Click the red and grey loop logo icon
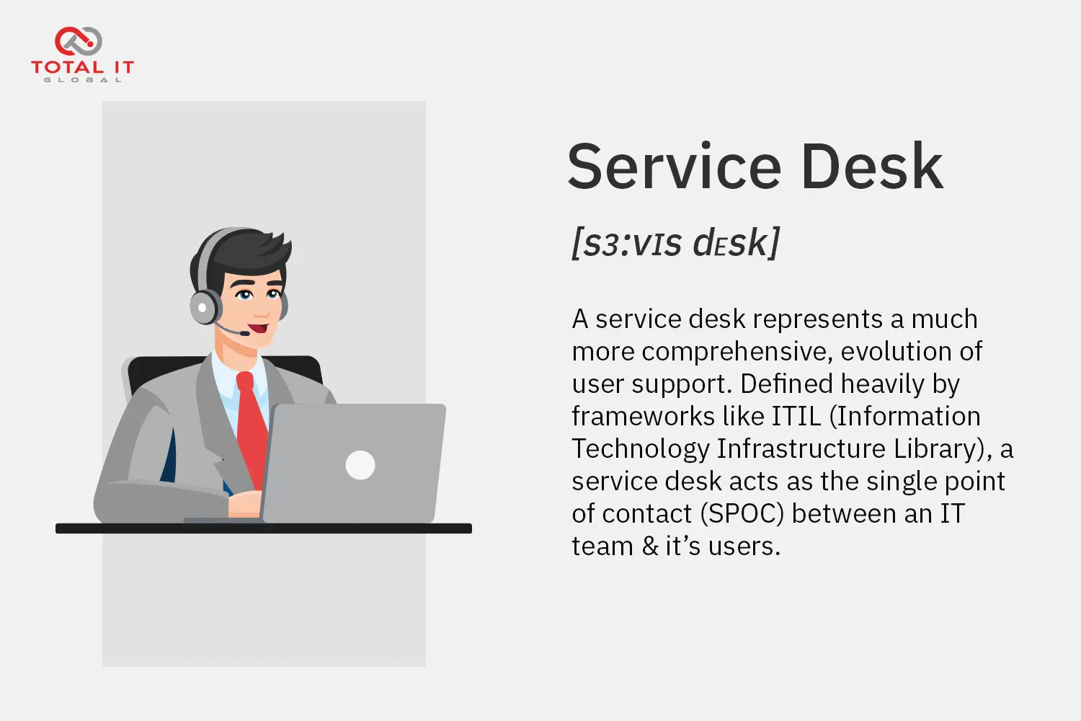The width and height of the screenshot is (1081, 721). [78, 41]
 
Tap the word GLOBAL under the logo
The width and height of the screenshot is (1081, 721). [83, 80]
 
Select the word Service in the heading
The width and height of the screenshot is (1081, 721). [674, 166]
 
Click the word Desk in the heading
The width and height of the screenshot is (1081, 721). [872, 166]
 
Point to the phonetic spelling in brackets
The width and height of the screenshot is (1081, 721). [675, 243]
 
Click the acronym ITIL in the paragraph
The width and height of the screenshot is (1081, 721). [796, 416]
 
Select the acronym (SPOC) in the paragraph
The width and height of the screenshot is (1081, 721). [742, 513]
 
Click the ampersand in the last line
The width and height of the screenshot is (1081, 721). [650, 547]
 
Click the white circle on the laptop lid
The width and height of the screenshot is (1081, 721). [360, 465]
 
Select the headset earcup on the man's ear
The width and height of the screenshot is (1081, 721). [205, 307]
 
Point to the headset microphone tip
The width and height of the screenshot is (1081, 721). [245, 333]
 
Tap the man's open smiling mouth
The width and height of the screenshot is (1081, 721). [259, 329]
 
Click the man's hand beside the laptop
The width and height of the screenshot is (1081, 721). [245, 504]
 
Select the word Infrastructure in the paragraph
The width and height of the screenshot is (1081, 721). [801, 448]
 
